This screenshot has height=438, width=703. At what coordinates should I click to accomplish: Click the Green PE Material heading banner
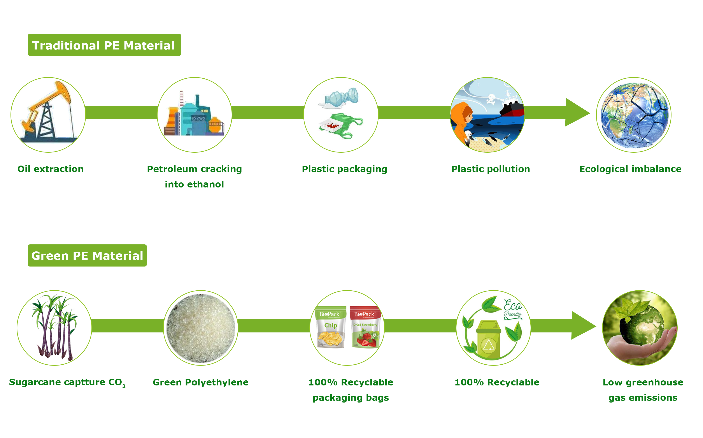[x=87, y=256]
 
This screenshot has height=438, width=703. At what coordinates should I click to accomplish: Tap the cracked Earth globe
[x=634, y=115]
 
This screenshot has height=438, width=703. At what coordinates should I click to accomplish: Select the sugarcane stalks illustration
[x=54, y=327]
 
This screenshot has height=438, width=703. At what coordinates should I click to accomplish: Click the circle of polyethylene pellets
[x=201, y=328]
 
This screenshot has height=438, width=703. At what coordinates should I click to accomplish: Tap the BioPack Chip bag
[x=331, y=327]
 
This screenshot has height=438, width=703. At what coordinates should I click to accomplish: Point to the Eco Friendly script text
[x=513, y=309]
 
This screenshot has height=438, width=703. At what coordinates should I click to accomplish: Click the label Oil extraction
[x=51, y=169]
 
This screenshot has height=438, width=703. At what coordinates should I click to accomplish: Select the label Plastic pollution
[x=491, y=169]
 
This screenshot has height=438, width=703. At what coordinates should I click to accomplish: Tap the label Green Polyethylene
[x=201, y=382]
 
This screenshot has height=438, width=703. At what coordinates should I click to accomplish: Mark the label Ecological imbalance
[x=630, y=169]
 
